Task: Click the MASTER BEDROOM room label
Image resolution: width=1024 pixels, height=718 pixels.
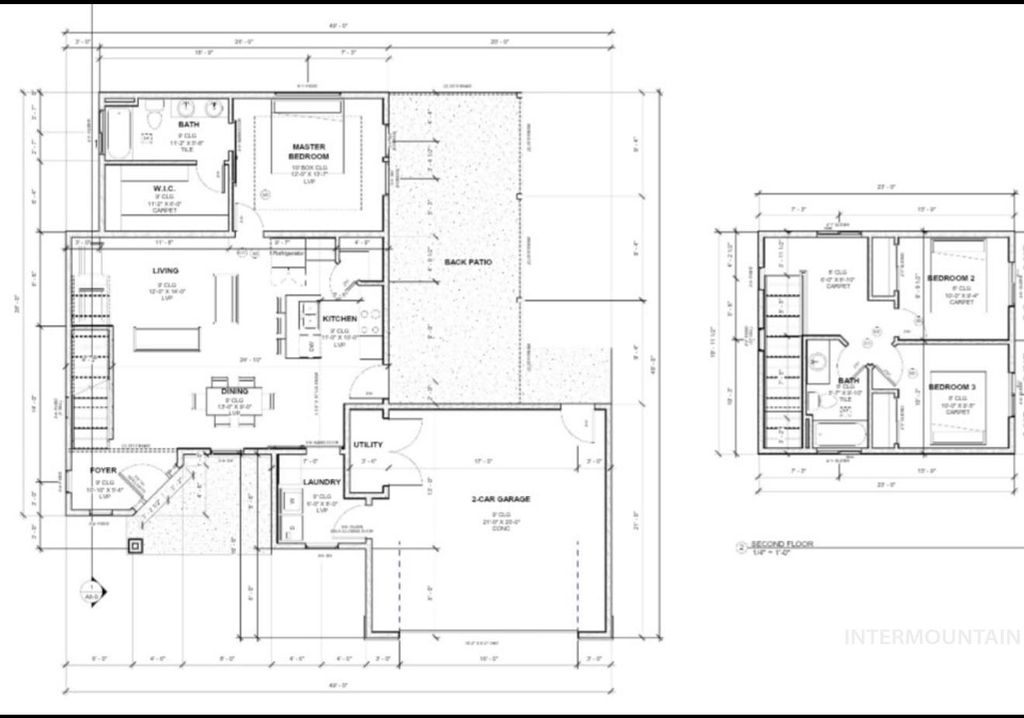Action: coord(309,152)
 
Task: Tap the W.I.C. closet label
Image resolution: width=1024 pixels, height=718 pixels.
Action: coord(165,188)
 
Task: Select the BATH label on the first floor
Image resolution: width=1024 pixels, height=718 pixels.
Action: coord(189,125)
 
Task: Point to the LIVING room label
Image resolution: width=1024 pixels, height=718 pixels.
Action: coord(165,271)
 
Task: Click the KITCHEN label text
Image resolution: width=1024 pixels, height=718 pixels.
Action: coord(339,319)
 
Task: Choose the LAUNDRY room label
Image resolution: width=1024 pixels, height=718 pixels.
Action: coord(322,483)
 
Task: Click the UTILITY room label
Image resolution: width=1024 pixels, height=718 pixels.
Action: coord(369,444)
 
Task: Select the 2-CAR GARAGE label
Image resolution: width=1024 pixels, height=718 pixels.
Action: coord(501,499)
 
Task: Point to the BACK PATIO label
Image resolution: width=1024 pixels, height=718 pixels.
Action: coord(468,262)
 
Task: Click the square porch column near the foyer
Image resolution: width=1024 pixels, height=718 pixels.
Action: coord(134,545)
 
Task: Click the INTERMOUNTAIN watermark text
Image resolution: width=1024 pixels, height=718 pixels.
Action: coord(932,636)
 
